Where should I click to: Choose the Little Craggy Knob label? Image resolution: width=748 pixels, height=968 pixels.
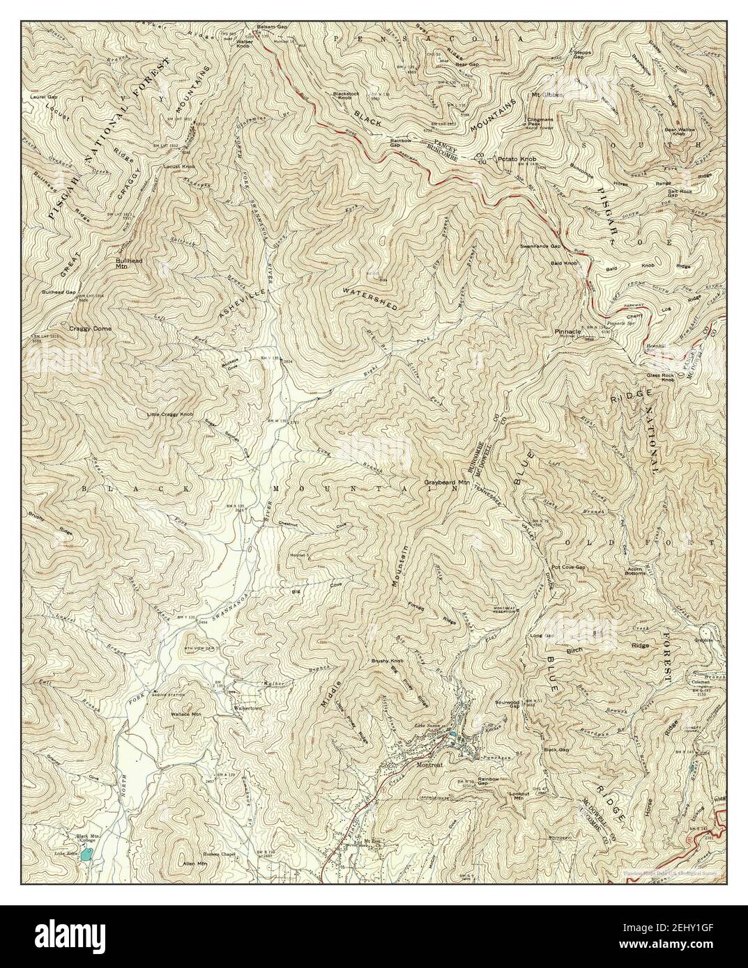pyautogui.click(x=169, y=414)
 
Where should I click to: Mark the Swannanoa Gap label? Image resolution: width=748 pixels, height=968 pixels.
pyautogui.click(x=540, y=247)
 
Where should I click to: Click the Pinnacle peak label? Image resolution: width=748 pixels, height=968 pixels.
pyautogui.click(x=568, y=332)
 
